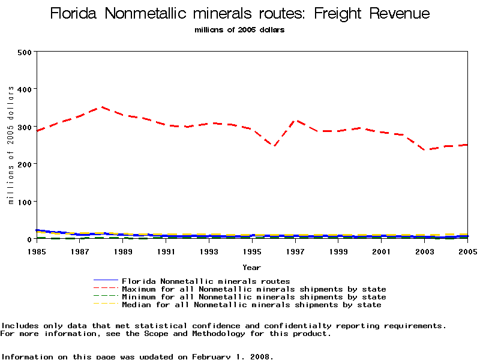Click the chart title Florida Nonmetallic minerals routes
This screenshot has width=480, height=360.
point(239,13)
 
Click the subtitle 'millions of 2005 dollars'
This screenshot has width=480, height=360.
point(239,30)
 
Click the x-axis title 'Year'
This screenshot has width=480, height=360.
point(251,267)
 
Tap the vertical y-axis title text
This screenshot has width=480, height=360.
point(10,145)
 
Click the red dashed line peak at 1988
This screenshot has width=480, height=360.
point(101,107)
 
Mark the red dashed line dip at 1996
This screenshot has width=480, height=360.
point(274,146)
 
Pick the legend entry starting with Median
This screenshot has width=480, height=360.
point(251,305)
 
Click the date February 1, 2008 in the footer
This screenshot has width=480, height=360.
point(231,356)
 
